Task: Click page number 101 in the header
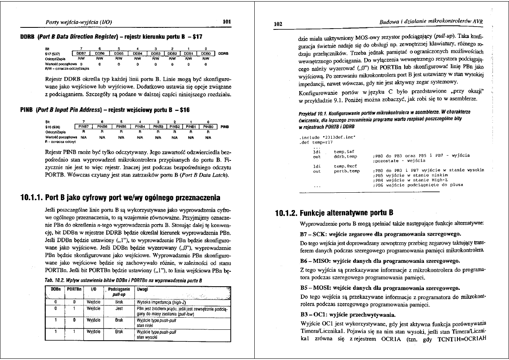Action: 226,22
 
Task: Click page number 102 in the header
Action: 278,24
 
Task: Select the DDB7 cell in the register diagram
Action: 82,53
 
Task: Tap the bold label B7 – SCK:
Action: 315,234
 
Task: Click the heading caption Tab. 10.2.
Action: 57,280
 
